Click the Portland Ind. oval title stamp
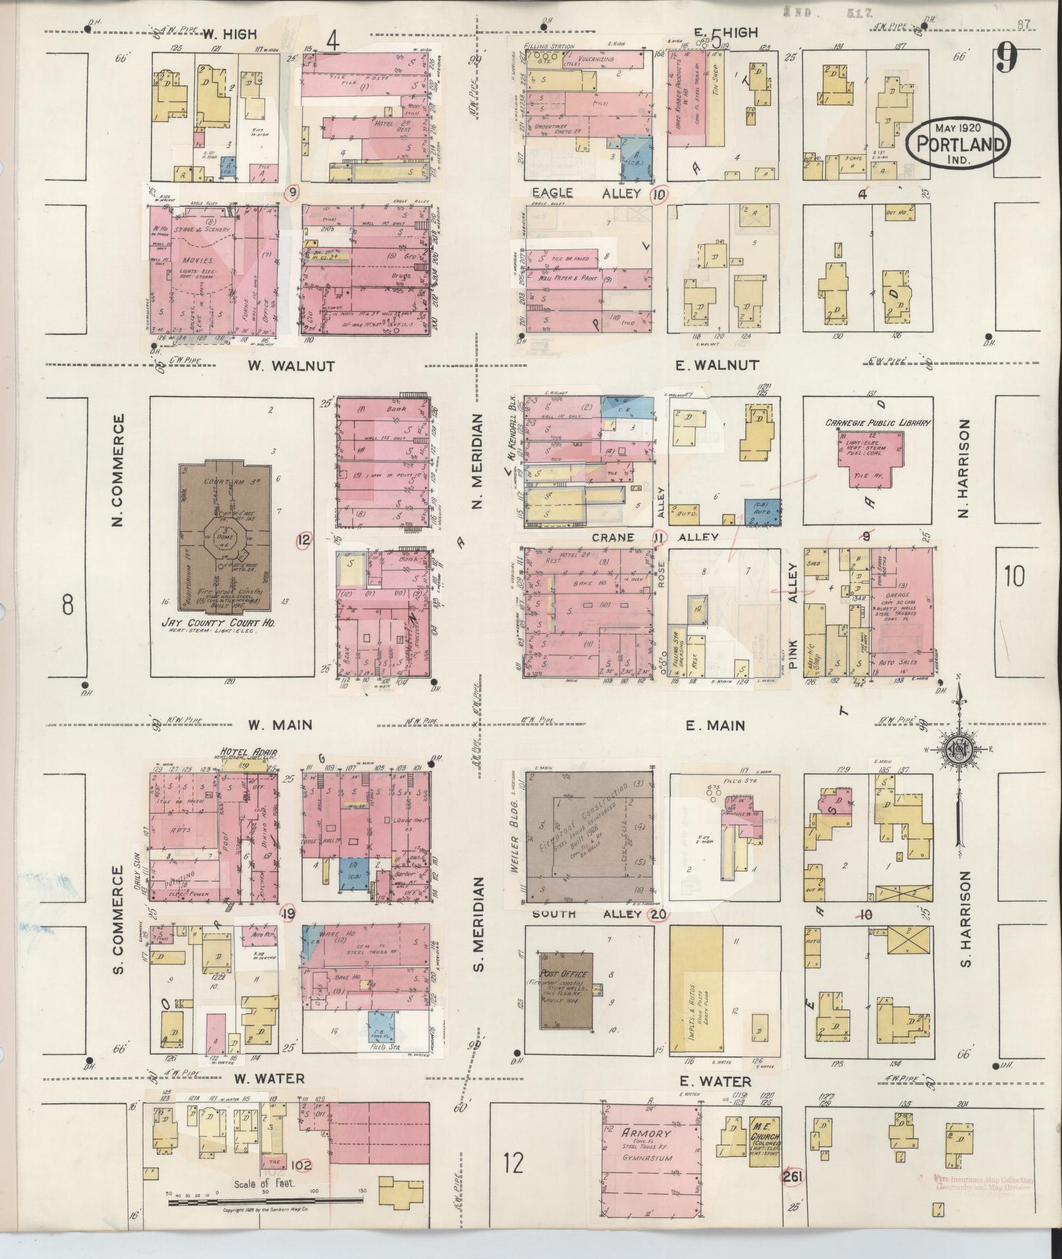coord(959,141)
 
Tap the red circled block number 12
coord(303,541)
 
